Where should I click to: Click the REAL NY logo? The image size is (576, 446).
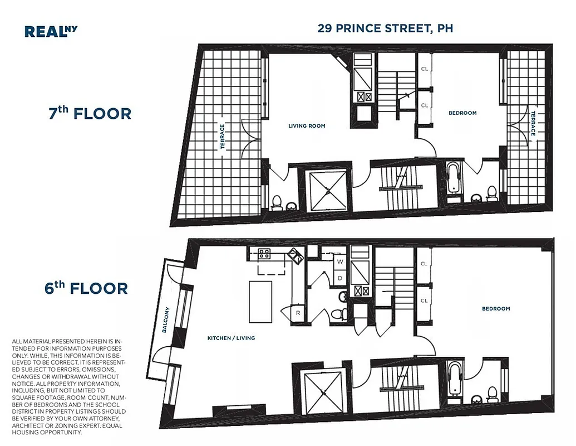point(51,31)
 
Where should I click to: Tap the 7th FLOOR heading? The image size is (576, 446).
point(90,113)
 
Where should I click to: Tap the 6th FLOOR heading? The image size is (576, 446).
point(86,288)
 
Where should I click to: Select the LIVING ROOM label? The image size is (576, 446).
point(307,126)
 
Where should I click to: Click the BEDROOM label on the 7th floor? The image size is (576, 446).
point(462,113)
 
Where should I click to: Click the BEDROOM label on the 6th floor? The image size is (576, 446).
point(495,308)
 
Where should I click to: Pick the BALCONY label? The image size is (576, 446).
point(165,320)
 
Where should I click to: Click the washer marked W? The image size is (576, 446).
point(339,261)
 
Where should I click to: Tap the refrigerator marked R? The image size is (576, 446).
point(298,313)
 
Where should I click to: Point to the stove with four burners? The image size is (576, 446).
point(265,254)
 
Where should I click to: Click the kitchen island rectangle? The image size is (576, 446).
point(260,301)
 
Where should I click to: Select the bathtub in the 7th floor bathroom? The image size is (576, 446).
point(454,178)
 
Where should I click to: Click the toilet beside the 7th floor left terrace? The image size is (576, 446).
point(277,202)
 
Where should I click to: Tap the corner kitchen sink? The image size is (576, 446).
point(295,257)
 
